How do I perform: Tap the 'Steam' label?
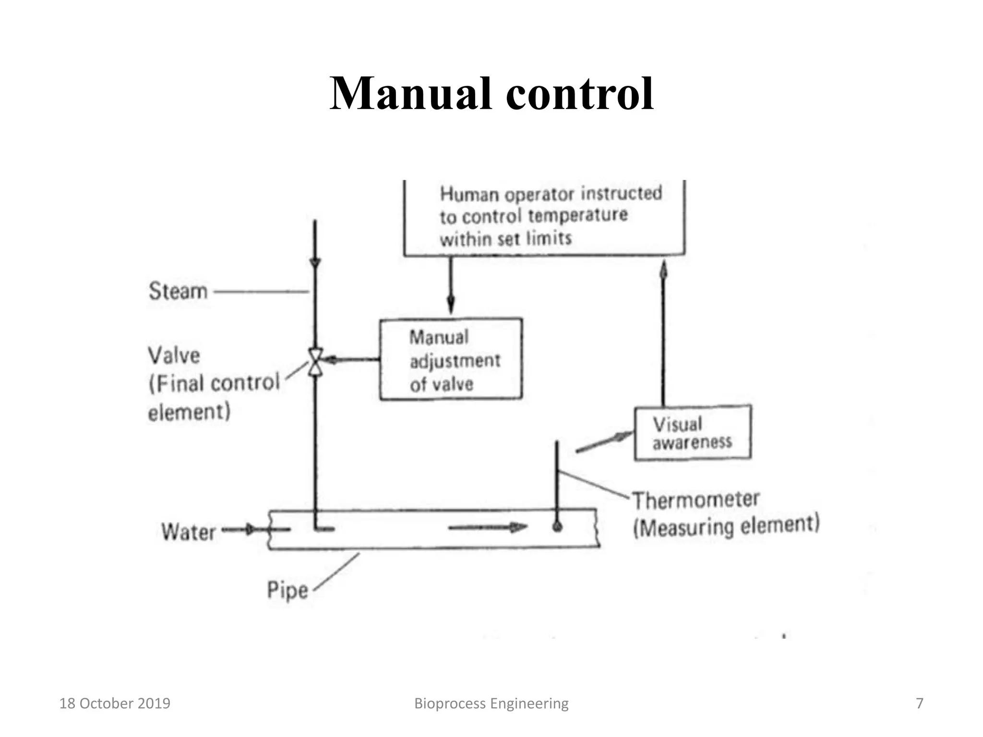click(x=178, y=291)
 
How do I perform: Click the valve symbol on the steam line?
click(x=315, y=361)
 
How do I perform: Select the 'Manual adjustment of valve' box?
click(x=451, y=359)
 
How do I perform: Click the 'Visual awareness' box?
click(x=692, y=433)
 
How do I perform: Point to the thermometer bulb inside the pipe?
click(x=557, y=527)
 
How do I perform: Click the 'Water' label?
click(x=188, y=532)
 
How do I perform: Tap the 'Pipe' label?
click(x=287, y=590)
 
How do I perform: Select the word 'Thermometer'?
click(x=695, y=500)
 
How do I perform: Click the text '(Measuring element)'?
click(x=726, y=526)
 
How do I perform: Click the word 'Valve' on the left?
click(x=174, y=356)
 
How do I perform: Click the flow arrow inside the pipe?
click(x=487, y=527)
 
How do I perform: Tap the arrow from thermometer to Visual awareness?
click(x=604, y=442)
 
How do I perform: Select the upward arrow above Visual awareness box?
click(x=663, y=331)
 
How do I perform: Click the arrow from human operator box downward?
click(x=450, y=285)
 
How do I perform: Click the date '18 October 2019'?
click(x=115, y=703)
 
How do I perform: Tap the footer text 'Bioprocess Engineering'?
click(x=491, y=703)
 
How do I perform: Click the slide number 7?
click(x=919, y=703)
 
